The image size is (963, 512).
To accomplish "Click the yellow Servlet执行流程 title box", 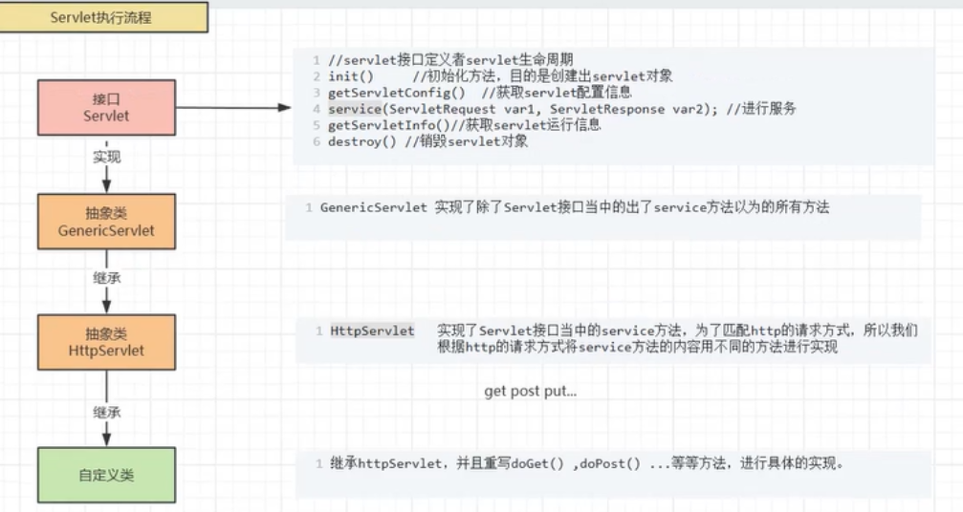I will [x=104, y=17].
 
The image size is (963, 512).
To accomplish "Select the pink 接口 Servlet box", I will [x=106, y=107].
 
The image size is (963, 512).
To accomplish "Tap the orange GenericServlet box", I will [x=106, y=222].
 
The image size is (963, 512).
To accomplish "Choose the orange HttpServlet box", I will [x=106, y=342].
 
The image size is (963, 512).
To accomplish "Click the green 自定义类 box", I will [x=106, y=474].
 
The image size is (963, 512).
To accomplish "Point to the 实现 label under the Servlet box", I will [x=106, y=157].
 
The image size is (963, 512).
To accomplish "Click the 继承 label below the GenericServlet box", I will [x=106, y=279].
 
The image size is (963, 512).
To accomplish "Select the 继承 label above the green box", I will [x=106, y=412].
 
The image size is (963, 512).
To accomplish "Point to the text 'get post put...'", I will [x=530, y=392].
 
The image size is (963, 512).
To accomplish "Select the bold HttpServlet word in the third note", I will [x=372, y=331].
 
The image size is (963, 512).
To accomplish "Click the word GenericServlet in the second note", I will [x=374, y=207].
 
